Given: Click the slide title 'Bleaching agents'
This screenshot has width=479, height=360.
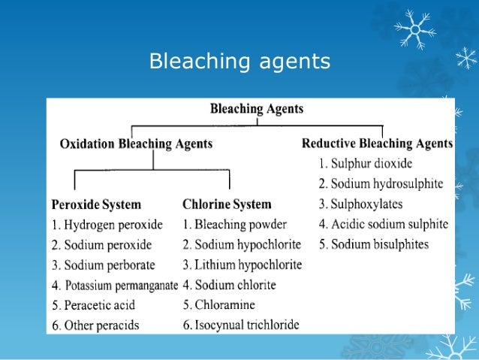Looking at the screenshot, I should point(239,61).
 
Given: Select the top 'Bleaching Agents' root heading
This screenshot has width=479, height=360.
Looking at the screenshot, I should point(257,109).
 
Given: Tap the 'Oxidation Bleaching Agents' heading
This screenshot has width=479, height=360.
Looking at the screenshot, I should point(136,144).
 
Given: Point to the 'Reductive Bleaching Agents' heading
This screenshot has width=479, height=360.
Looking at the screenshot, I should point(377,143).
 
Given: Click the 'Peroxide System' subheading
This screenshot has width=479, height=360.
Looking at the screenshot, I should point(96,204).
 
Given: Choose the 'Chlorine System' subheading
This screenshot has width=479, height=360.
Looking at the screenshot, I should point(227,204).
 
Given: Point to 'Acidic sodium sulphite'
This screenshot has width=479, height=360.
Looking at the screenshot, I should point(383,224).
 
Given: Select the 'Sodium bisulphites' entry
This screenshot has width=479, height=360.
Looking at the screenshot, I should point(373,244).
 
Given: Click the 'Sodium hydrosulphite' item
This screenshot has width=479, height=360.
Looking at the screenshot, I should point(380,183).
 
